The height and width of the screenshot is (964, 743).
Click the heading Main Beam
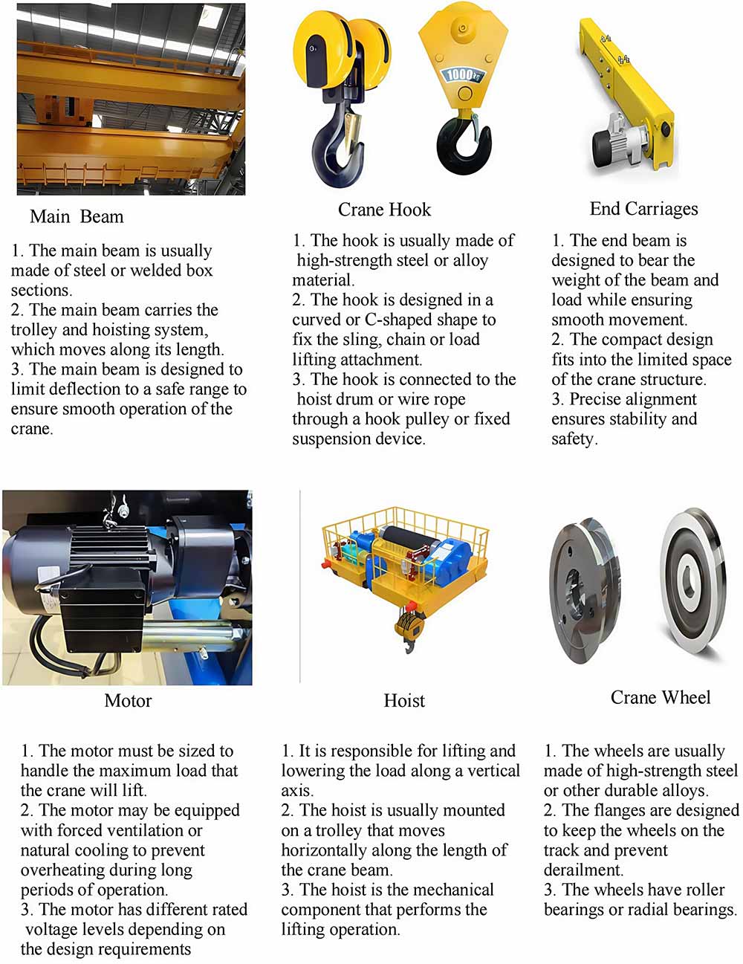(x=77, y=216)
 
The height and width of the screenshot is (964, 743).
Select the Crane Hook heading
(x=384, y=210)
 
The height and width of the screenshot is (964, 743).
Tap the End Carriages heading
(x=643, y=209)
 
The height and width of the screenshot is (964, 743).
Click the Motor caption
(x=128, y=700)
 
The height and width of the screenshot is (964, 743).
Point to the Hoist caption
(x=404, y=700)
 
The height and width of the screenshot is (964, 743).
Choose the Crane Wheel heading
(x=660, y=697)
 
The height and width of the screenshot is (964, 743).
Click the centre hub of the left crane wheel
(x=576, y=587)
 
